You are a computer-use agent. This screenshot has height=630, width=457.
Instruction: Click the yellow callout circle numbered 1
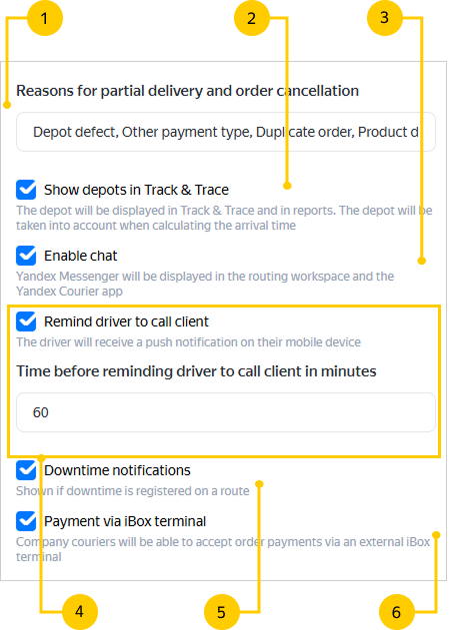pyautogui.click(x=45, y=18)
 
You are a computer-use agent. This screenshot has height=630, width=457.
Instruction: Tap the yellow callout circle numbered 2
pyautogui.click(x=252, y=18)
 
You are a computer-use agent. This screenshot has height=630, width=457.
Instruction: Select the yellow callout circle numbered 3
pyautogui.click(x=385, y=18)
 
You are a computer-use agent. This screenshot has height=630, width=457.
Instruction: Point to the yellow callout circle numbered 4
pyautogui.click(x=80, y=612)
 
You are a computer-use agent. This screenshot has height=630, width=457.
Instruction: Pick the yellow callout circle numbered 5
pyautogui.click(x=222, y=612)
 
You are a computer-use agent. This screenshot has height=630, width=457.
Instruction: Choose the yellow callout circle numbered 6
pyautogui.click(x=397, y=612)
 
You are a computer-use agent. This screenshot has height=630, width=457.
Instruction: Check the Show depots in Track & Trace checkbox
pyautogui.click(x=26, y=190)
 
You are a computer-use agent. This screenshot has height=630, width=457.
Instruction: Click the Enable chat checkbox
pyautogui.click(x=26, y=256)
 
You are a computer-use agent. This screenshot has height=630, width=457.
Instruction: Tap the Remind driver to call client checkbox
pyautogui.click(x=26, y=321)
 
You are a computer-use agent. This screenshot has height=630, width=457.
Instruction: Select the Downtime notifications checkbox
pyautogui.click(x=26, y=470)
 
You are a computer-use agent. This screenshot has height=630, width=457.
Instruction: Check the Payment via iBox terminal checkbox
pyautogui.click(x=26, y=521)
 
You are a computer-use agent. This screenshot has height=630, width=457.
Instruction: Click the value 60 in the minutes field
pyautogui.click(x=41, y=412)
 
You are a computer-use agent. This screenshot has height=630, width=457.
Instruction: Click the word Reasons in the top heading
pyautogui.click(x=45, y=91)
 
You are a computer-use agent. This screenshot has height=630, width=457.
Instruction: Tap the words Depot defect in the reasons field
pyautogui.click(x=76, y=132)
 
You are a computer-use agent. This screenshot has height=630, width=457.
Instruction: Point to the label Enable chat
pyautogui.click(x=80, y=256)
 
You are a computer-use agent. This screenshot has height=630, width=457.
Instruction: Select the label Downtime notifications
pyautogui.click(x=117, y=470)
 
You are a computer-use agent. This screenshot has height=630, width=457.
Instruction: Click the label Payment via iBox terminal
pyautogui.click(x=125, y=521)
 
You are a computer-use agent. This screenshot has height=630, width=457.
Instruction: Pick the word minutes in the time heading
pyautogui.click(x=348, y=371)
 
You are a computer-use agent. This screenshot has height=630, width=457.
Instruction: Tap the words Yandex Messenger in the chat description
pyautogui.click(x=68, y=277)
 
